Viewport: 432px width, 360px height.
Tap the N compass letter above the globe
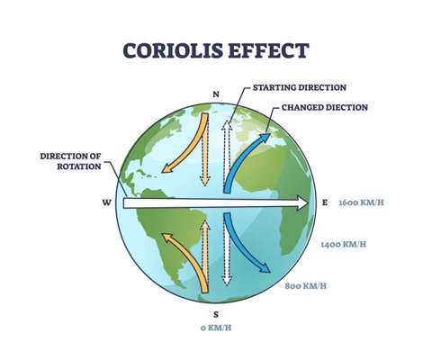point(215,94)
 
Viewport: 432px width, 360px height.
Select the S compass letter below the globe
point(215,314)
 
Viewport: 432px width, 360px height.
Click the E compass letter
point(325,202)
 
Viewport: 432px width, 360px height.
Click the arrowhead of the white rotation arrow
point(300,203)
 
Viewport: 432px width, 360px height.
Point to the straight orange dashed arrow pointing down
point(205,153)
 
